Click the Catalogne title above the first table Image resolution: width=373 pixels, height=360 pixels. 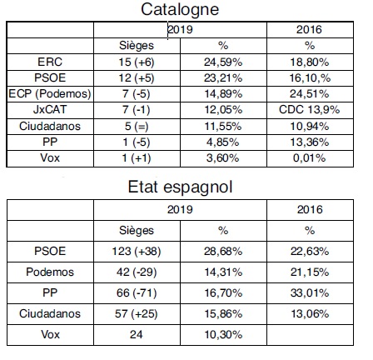180,10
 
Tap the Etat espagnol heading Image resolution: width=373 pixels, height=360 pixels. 180,187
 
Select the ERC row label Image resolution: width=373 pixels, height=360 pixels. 50,62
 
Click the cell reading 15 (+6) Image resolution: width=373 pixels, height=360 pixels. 137,62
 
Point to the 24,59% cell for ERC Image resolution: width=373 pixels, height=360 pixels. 223,62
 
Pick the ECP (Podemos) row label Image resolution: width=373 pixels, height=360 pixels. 50,93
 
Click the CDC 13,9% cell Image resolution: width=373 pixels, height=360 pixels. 310,109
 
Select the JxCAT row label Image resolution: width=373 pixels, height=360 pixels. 50,109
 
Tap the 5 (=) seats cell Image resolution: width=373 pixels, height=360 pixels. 137,126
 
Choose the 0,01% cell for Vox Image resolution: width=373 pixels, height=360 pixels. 310,158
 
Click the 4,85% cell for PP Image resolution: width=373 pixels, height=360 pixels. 223,142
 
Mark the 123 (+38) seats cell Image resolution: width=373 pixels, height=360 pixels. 137,252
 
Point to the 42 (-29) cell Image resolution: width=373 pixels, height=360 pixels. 137,272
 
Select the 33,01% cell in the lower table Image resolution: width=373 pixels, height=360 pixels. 310,292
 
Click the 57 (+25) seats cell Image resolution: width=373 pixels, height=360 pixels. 137,314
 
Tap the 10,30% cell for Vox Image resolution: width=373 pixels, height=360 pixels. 223,334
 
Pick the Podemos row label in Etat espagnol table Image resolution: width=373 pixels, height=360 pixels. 50,272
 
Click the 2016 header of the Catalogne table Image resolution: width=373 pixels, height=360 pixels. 309,29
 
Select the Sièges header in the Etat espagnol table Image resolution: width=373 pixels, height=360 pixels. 137,231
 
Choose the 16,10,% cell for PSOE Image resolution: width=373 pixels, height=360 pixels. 310,78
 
